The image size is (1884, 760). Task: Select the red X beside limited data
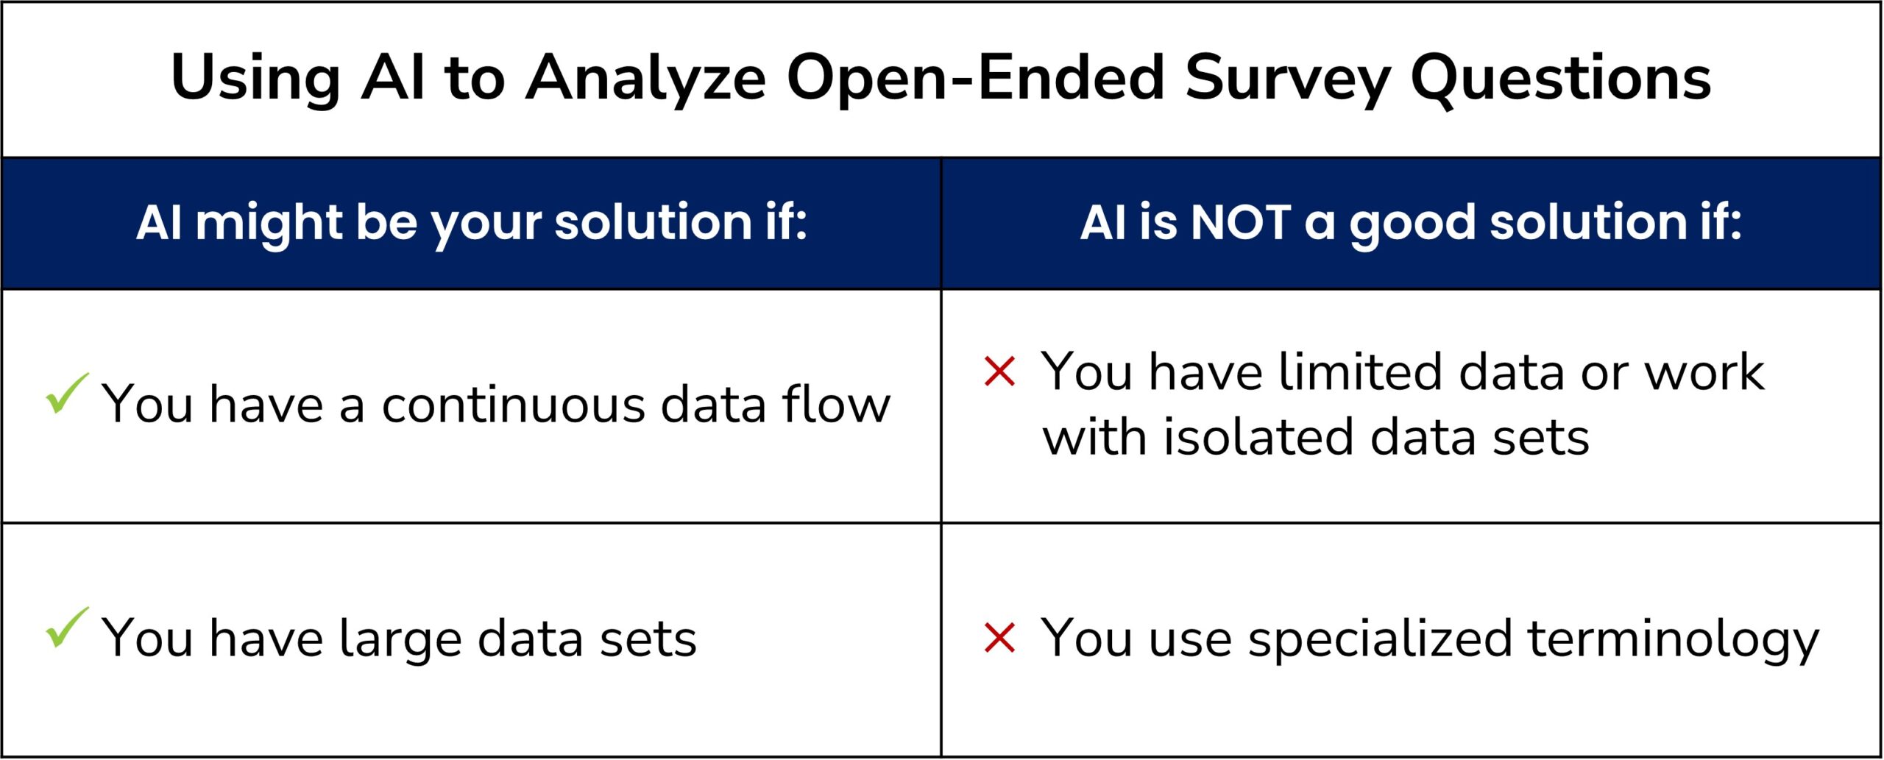click(x=999, y=372)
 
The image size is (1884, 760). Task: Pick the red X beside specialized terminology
click(x=999, y=638)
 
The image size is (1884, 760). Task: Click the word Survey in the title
click(x=1288, y=79)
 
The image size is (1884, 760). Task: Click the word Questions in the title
click(x=1560, y=79)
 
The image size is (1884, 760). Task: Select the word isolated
click(x=1258, y=438)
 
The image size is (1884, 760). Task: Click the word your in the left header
click(x=485, y=223)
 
